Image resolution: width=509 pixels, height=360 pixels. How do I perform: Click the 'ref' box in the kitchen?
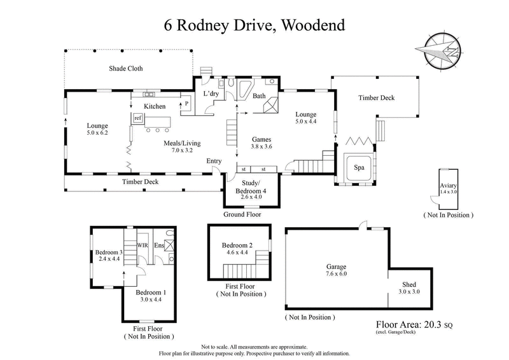[137, 118]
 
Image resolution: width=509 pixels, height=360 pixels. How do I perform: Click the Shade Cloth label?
[126, 69]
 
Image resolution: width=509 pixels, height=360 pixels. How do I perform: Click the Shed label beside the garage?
[409, 284]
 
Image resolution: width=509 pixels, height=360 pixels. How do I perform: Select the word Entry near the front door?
[214, 161]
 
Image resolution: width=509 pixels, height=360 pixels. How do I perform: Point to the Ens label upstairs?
[158, 244]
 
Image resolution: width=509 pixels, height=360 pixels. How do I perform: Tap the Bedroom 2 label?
[236, 246]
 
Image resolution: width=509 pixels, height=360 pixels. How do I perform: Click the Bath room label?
[259, 97]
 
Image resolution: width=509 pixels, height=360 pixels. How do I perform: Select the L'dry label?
[211, 94]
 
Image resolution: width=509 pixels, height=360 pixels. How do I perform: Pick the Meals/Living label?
[182, 143]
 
